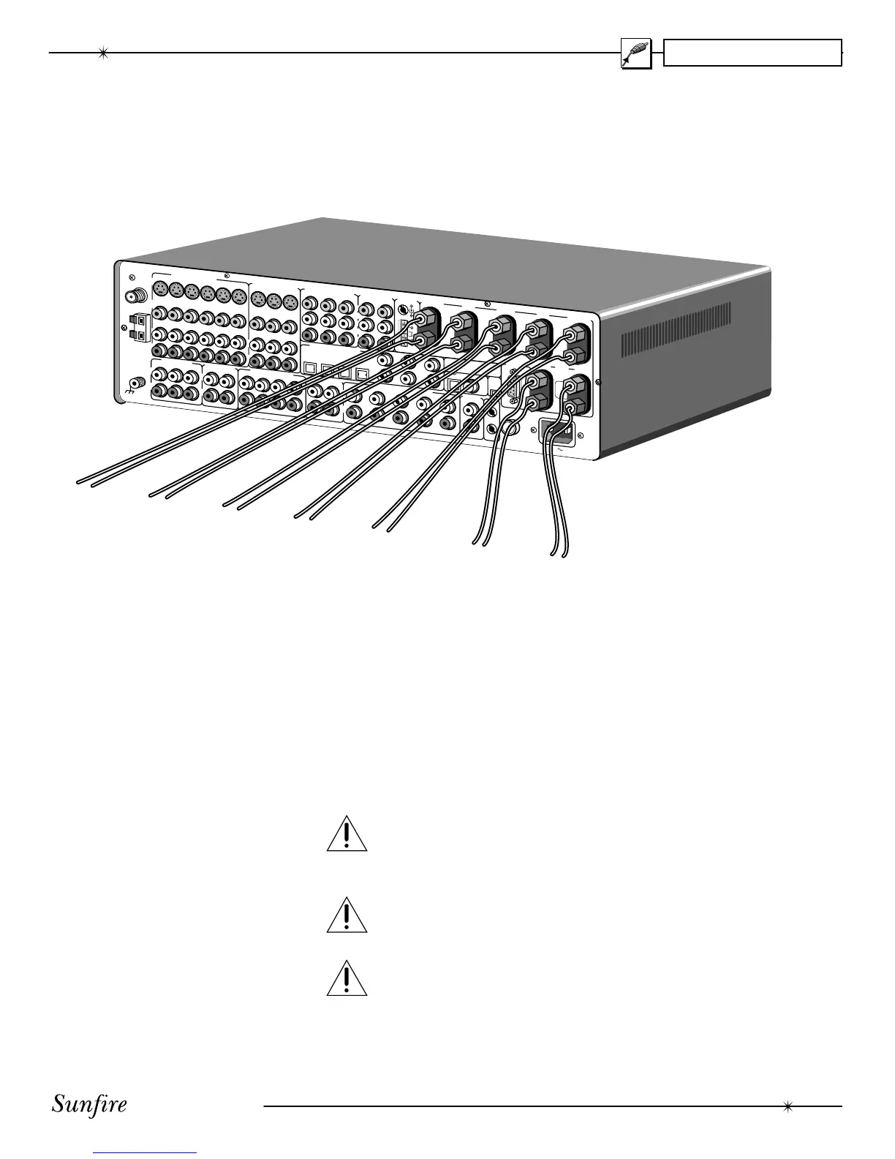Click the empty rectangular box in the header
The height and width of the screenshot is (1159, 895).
(752, 53)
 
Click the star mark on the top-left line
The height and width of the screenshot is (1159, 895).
(103, 53)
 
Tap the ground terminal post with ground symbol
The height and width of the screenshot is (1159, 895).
(135, 382)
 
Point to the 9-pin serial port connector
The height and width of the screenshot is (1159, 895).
(514, 392)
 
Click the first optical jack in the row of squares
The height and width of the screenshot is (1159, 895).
(309, 369)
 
